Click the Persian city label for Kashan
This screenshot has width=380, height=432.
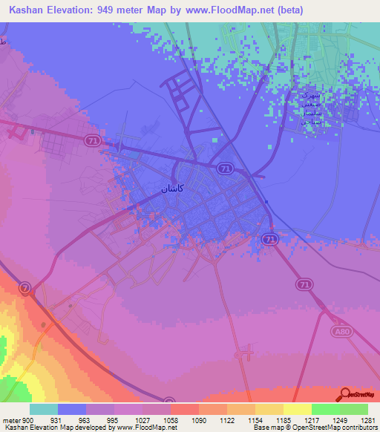tap(173, 189)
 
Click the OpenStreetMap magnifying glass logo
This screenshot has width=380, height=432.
tap(345, 394)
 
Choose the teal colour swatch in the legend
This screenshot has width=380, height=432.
tap(44, 409)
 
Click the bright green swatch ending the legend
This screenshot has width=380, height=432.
tap(353, 409)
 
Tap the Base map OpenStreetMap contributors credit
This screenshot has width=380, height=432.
tap(314, 428)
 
